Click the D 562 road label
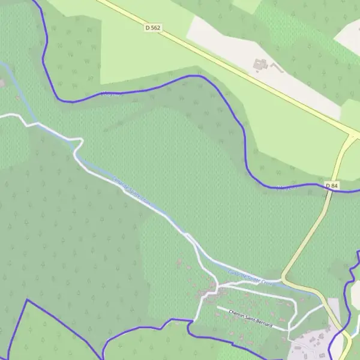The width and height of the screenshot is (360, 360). point(153,28)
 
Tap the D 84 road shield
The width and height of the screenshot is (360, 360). point(332,186)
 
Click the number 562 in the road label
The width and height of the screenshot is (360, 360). point(156,28)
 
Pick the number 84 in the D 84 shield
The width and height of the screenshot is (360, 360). point(334,186)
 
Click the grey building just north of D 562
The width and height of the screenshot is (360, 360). point(260,63)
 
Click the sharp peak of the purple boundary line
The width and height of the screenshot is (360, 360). point(27,300)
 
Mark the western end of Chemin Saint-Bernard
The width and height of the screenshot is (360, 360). point(218,308)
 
